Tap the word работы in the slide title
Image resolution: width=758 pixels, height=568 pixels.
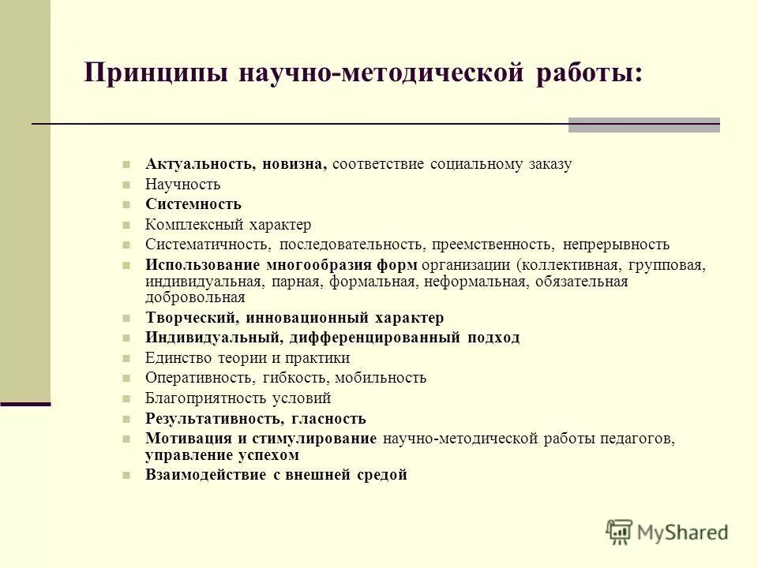(x=590, y=75)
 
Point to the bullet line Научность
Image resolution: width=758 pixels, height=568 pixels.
(x=182, y=185)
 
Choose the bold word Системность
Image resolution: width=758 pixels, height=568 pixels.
(x=193, y=204)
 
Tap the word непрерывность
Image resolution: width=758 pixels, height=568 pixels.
(x=616, y=245)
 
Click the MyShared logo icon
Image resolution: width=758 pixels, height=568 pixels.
(x=621, y=532)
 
